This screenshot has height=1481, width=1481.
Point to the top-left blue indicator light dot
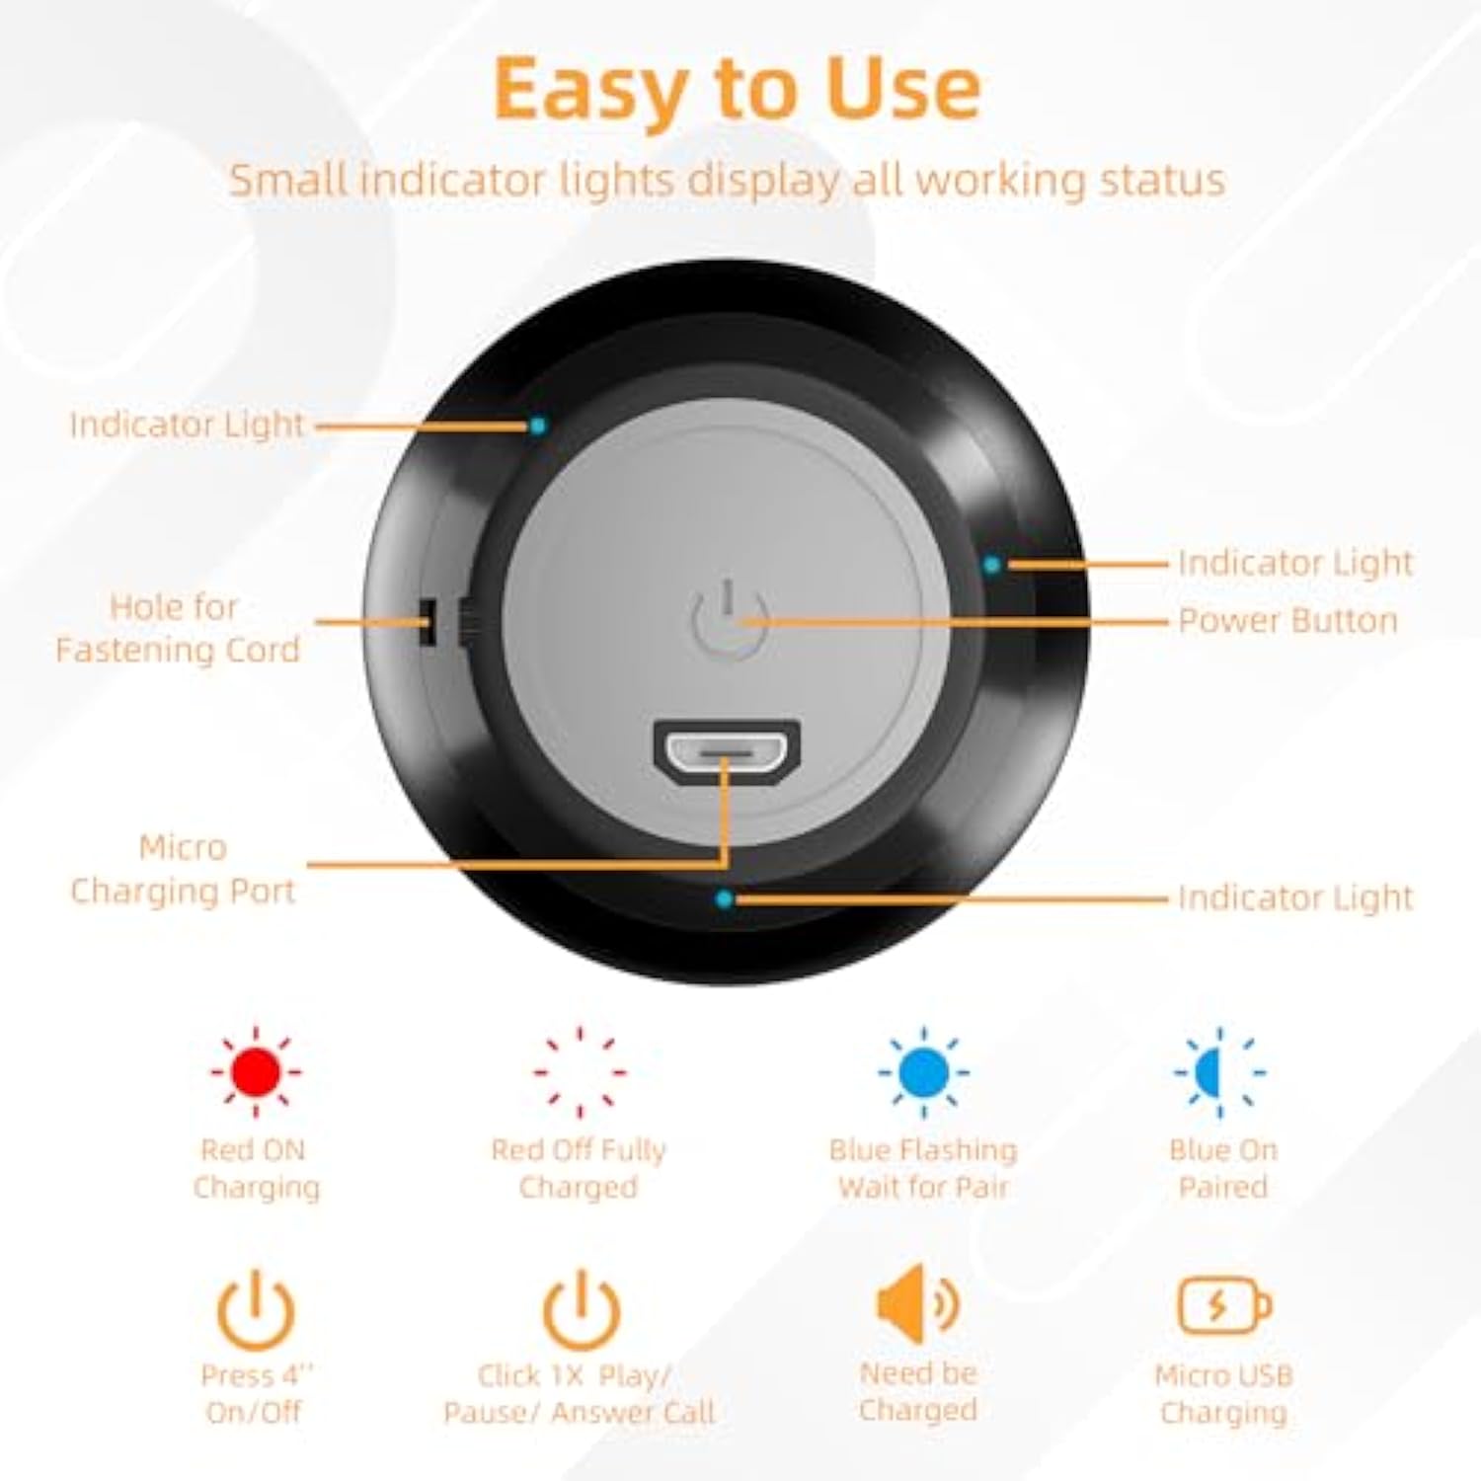(x=537, y=426)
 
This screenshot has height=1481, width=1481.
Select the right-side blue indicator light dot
(x=991, y=565)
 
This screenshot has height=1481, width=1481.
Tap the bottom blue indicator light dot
(x=725, y=898)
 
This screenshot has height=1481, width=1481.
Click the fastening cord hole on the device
(x=428, y=622)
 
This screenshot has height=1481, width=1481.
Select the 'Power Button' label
(x=1287, y=621)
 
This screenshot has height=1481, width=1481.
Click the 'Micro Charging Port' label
(x=183, y=869)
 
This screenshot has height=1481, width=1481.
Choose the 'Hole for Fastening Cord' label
(x=177, y=628)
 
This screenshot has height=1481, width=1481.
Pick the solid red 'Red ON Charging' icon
(x=256, y=1071)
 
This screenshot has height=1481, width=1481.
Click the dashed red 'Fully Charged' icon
(x=580, y=1071)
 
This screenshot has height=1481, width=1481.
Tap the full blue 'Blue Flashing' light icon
(x=923, y=1071)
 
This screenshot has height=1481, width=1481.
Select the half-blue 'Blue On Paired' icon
(x=1220, y=1071)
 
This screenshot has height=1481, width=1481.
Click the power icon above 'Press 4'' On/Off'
(x=256, y=1310)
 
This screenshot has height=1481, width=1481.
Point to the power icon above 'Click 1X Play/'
(x=581, y=1310)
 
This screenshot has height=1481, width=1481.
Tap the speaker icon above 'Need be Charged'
(x=916, y=1304)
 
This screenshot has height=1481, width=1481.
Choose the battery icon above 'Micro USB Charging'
(x=1223, y=1305)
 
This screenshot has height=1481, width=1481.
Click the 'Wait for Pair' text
(x=923, y=1187)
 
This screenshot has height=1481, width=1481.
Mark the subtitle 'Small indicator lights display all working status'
(x=727, y=181)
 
